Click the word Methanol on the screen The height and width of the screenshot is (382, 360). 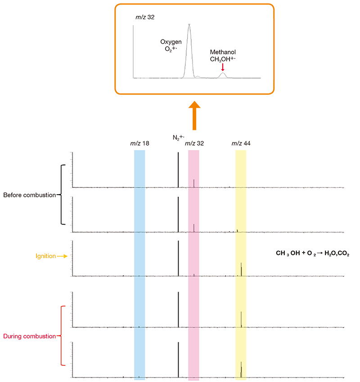point(223,52)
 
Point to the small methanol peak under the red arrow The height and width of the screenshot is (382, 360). point(223,75)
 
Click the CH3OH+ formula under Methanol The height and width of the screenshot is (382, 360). point(223,59)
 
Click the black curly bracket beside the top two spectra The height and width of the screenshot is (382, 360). point(62,194)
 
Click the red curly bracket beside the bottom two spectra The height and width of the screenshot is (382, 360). point(62,335)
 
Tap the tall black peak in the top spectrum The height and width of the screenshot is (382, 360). point(178,170)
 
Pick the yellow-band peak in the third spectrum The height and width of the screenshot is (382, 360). point(242,269)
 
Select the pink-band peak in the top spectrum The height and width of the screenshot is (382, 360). point(193,183)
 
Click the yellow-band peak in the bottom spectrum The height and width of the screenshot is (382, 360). point(242,369)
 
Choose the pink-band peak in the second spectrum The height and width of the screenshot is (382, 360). point(193,228)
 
